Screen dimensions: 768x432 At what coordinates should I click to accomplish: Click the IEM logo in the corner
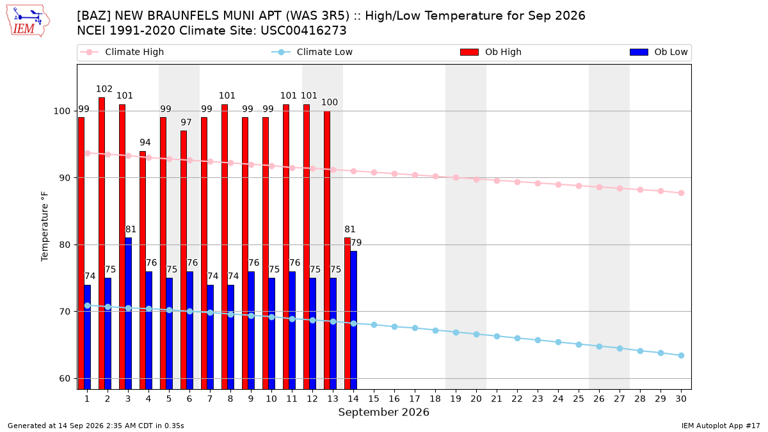pos(28,21)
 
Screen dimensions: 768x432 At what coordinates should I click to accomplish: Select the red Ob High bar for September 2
pos(102,243)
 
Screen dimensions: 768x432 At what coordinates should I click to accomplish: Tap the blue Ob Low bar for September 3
pos(128,314)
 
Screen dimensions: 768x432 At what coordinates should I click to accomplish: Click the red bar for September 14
pos(348,314)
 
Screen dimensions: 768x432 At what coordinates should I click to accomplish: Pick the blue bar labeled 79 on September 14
pos(353,320)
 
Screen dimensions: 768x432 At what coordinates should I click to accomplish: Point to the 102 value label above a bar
pos(104,89)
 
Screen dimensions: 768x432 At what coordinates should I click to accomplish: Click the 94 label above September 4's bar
pos(145,142)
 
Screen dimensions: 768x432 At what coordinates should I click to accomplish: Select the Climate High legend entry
pos(122,52)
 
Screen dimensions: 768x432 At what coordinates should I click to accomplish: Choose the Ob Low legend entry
pos(659,52)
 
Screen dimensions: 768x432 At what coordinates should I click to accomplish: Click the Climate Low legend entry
pos(312,52)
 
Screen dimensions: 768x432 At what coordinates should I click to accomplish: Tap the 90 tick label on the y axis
pos(64,178)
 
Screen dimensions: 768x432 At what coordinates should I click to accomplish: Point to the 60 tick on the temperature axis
pos(64,378)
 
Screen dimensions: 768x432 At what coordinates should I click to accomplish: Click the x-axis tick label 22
pos(517,399)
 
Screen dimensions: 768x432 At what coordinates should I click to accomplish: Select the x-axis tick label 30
pos(681,399)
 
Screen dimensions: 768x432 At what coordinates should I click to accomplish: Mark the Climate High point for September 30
pos(681,193)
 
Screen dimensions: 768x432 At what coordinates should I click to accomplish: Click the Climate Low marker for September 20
pos(476,334)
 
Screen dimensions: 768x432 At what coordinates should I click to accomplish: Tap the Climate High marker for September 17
pos(415,175)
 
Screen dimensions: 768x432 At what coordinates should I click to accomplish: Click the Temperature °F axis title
pos(45,227)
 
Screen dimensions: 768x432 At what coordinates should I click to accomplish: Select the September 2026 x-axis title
pos(383,412)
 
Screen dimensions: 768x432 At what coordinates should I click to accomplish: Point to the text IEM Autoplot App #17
pos(721,426)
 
